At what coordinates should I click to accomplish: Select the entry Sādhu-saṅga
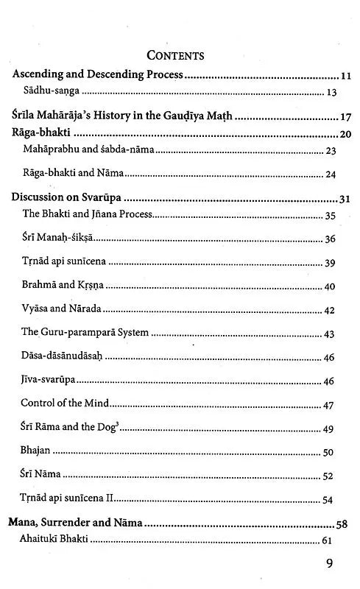[x=51, y=94]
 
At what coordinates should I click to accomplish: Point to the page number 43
[x=330, y=334]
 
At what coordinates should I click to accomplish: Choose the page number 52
[x=330, y=476]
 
